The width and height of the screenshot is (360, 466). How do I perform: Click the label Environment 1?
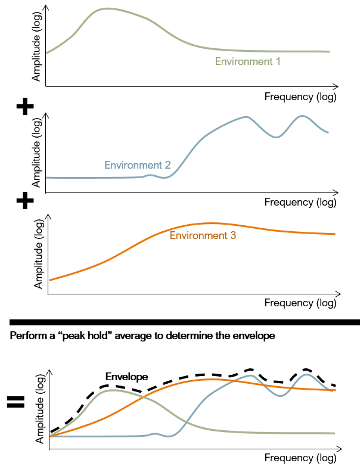click(247, 61)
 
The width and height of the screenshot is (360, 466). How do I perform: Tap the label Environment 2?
click(138, 165)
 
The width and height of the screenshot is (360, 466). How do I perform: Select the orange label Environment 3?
click(203, 235)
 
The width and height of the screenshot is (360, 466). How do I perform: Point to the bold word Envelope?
click(126, 377)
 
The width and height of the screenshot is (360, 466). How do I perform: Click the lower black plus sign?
click(24, 201)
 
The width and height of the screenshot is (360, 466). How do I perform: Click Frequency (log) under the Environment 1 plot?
click(300, 97)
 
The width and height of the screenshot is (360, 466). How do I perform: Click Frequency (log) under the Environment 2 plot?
click(300, 202)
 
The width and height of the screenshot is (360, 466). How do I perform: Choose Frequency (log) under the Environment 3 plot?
click(300, 303)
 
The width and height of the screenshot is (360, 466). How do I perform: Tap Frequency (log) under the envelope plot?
click(300, 458)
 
